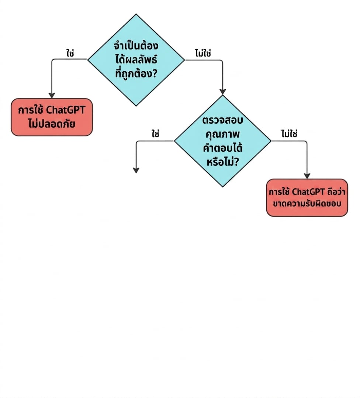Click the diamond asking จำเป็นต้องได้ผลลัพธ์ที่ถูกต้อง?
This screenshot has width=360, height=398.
pyautogui.click(x=136, y=60)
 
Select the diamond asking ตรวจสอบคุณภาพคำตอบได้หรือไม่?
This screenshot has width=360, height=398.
pyautogui.click(x=222, y=141)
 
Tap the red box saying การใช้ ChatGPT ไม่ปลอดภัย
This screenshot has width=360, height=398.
pyautogui.click(x=52, y=117)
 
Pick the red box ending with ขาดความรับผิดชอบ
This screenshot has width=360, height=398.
pyautogui.click(x=307, y=198)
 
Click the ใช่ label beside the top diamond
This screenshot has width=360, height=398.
pyautogui.click(x=70, y=53)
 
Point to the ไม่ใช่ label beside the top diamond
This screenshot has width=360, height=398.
pyautogui.click(x=203, y=53)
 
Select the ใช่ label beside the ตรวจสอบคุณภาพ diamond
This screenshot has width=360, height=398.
pyautogui.click(x=155, y=134)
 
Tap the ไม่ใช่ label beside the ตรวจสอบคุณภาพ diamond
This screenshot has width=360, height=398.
pyautogui.click(x=289, y=134)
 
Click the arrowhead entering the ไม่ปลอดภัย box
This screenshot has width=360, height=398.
pyautogui.click(x=52, y=95)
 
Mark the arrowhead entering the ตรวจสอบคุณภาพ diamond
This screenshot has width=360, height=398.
pyautogui.click(x=222, y=92)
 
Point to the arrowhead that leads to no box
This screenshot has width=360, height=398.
pyautogui.click(x=136, y=170)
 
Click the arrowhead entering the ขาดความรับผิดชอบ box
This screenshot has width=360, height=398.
pyautogui.click(x=307, y=176)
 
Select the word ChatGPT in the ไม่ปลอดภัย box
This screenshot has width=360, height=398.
pyautogui.click(x=66, y=110)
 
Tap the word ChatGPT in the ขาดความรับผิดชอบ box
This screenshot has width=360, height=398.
pyautogui.click(x=308, y=192)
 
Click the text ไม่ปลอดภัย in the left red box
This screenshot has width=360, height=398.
pyautogui.click(x=52, y=124)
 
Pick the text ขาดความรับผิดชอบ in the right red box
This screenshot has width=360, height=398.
pyautogui.click(x=307, y=203)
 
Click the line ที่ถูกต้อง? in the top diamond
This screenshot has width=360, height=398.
pyautogui.click(x=136, y=73)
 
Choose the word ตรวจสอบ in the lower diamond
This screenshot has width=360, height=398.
pyautogui.click(x=222, y=120)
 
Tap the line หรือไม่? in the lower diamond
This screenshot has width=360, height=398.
pyautogui.click(x=222, y=162)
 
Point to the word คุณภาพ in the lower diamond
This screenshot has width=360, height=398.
pyautogui.click(x=222, y=134)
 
